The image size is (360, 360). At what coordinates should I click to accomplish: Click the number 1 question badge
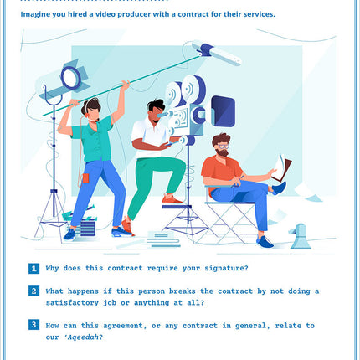click(33, 269)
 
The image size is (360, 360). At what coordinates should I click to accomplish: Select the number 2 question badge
click(33, 291)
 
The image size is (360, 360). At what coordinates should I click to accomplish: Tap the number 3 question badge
click(33, 325)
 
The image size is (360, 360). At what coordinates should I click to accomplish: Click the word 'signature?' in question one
click(226, 269)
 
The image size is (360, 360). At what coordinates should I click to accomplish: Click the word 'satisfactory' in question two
click(72, 303)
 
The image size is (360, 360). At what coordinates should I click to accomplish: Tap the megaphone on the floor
click(300, 237)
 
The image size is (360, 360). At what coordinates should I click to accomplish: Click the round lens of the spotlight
click(71, 78)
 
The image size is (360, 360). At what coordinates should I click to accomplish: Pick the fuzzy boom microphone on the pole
click(217, 54)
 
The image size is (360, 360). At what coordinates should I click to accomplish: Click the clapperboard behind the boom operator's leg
click(83, 221)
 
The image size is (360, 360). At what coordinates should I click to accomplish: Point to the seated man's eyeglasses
click(224, 147)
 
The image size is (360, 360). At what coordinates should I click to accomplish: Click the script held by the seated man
click(281, 168)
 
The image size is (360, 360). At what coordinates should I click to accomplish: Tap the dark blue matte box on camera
click(223, 111)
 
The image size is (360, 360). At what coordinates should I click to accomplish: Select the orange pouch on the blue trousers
click(85, 178)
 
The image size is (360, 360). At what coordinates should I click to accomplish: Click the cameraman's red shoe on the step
click(172, 199)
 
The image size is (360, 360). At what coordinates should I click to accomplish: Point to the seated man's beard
click(222, 152)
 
